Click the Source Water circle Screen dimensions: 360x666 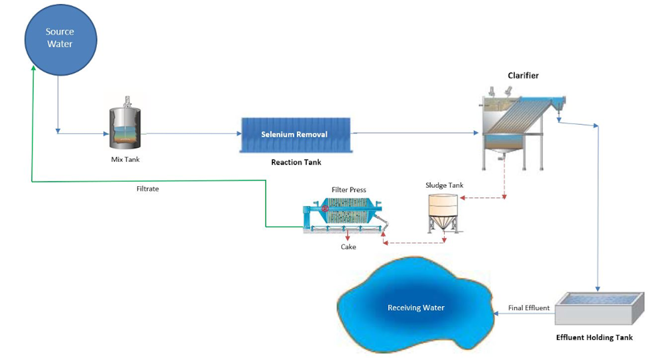point(60,39)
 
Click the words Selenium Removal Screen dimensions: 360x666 point(294,135)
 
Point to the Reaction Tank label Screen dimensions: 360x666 point(296,162)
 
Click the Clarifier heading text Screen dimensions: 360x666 point(523,75)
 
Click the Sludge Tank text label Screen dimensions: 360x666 point(444,186)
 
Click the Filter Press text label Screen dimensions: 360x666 point(349,190)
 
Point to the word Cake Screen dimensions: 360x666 point(348,247)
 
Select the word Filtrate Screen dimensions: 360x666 point(148,189)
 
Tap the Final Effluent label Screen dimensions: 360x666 point(529,308)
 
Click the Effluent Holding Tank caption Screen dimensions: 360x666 point(594,337)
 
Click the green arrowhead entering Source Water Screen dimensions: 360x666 point(33,68)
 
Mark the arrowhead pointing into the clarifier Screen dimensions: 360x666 point(476,133)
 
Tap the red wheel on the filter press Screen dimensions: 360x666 point(325,209)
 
